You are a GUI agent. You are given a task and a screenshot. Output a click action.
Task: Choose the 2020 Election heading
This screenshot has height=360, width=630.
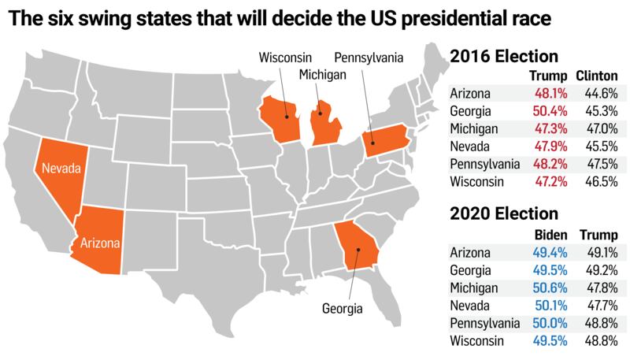(504, 213)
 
